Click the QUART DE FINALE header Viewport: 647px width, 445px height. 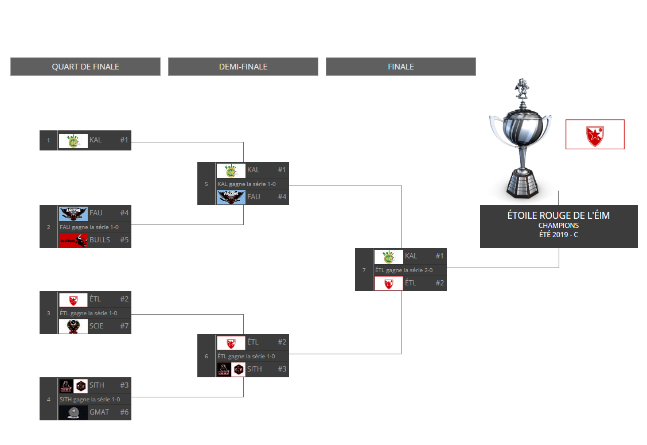pyautogui.click(x=85, y=67)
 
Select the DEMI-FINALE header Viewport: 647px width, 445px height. pyautogui.click(x=243, y=67)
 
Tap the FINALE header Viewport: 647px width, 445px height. pyautogui.click(x=400, y=67)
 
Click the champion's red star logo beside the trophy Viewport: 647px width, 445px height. pyautogui.click(x=595, y=134)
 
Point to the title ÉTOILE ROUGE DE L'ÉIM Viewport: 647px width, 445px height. pyautogui.click(x=559, y=215)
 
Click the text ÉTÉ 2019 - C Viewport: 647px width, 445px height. pyautogui.click(x=559, y=234)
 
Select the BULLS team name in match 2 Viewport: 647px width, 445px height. pyautogui.click(x=100, y=240)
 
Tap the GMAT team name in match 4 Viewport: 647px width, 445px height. pyautogui.click(x=99, y=412)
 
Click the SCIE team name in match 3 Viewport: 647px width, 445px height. pyautogui.click(x=97, y=326)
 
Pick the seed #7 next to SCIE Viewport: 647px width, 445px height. pyautogui.click(x=124, y=326)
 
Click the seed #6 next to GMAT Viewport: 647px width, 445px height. pyautogui.click(x=124, y=412)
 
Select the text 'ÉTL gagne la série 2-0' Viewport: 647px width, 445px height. pyautogui.click(x=404, y=270)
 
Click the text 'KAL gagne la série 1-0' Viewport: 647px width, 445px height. pyautogui.click(x=246, y=184)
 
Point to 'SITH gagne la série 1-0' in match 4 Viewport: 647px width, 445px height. pyautogui.click(x=89, y=399)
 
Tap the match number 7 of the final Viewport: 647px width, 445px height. pyautogui.click(x=364, y=270)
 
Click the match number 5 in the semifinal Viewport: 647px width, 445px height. pyautogui.click(x=206, y=184)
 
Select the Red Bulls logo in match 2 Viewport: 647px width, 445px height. pyautogui.click(x=73, y=241)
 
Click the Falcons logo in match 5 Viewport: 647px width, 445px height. pyautogui.click(x=231, y=197)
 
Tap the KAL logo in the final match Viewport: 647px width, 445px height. pyautogui.click(x=388, y=256)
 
